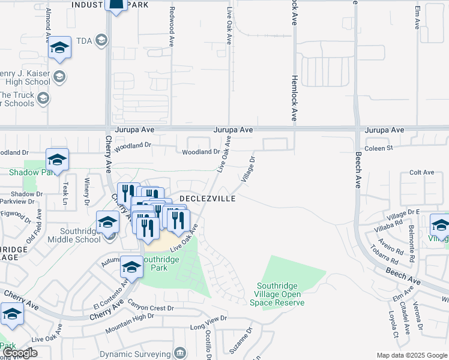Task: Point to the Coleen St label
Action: [378, 147]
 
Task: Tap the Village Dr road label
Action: [249, 169]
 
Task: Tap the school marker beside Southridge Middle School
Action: [107, 222]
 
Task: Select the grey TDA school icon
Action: [101, 40]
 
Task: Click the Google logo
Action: [21, 353]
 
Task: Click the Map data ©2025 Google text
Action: [411, 355]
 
